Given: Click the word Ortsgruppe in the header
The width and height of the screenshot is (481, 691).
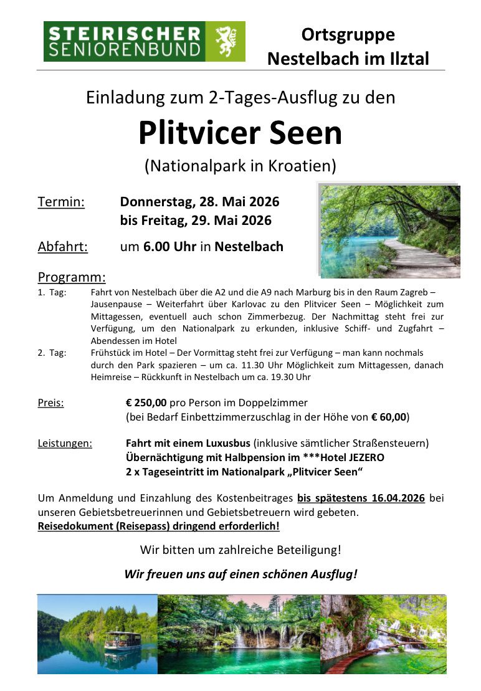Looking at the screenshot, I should [x=348, y=34].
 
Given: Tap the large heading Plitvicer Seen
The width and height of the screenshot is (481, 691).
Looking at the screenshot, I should [x=240, y=132].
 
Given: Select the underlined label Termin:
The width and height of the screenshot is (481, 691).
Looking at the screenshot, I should [x=61, y=202].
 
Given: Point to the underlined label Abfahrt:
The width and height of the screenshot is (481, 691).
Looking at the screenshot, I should [x=63, y=246].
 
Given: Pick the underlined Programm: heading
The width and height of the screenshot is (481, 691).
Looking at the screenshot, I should [x=72, y=277].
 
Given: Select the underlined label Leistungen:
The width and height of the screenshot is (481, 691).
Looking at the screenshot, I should [x=65, y=444].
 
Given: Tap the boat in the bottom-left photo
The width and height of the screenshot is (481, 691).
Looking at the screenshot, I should [x=122, y=639].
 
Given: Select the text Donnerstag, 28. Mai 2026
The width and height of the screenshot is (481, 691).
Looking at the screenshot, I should [x=199, y=202].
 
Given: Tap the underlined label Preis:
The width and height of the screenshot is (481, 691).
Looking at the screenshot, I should [x=50, y=403].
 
